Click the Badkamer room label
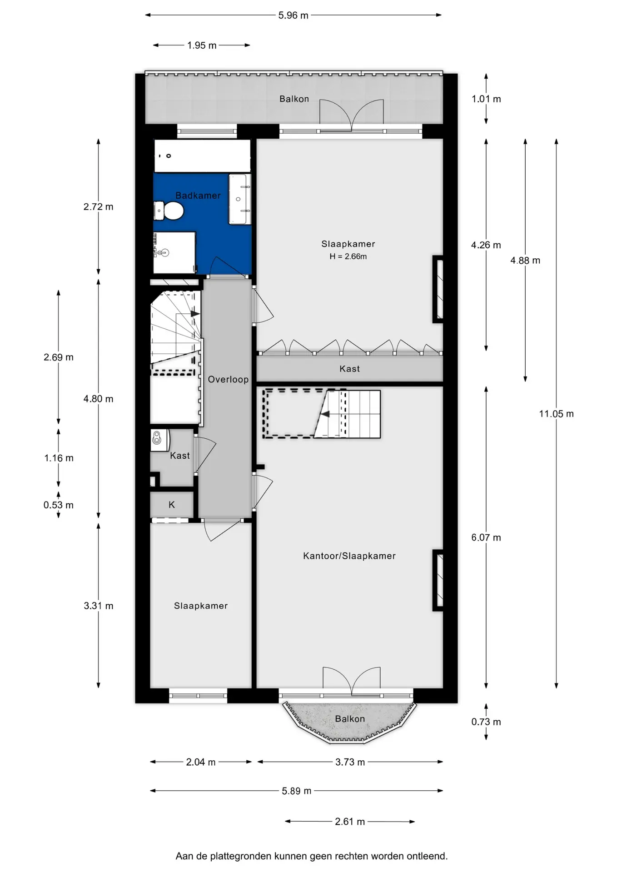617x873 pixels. (x=198, y=196)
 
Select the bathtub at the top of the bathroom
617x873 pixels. (x=202, y=156)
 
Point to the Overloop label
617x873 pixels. (x=228, y=379)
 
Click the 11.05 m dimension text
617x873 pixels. (x=556, y=414)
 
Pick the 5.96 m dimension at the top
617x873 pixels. (x=293, y=15)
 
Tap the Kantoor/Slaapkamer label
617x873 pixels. (x=349, y=556)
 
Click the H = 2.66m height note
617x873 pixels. (x=348, y=256)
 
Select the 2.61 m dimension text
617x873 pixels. (x=350, y=822)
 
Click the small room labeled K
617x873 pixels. (x=172, y=505)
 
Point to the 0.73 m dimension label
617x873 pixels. (x=486, y=722)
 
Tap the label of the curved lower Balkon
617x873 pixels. (x=350, y=719)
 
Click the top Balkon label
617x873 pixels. (x=294, y=99)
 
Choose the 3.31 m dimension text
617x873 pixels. (x=99, y=606)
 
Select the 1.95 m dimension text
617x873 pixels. (x=202, y=45)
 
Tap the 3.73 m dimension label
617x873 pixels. (x=350, y=762)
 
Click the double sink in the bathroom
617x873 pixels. (x=239, y=199)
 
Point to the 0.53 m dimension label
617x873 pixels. (x=59, y=505)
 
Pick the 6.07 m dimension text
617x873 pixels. (x=486, y=537)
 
